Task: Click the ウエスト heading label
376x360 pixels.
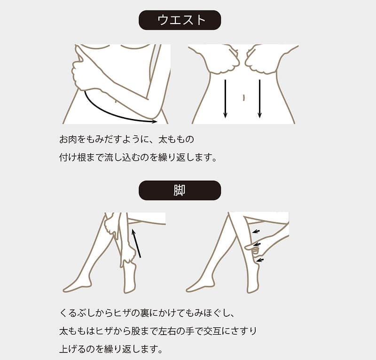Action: [180, 20]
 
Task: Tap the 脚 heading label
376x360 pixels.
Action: [180, 191]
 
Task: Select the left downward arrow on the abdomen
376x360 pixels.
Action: [225, 99]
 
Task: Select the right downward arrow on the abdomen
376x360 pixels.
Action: [259, 99]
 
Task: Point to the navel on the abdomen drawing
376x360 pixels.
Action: [243, 98]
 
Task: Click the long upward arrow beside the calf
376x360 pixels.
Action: [136, 243]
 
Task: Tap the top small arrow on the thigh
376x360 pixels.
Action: [256, 231]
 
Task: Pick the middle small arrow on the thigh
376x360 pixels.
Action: [257, 245]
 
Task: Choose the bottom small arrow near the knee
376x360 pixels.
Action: [260, 260]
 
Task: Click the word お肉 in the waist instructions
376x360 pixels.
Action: [68, 139]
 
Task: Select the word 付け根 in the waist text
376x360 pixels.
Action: [72, 157]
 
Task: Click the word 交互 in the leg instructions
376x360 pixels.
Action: [212, 331]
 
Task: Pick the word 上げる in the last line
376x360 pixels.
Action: [72, 349]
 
